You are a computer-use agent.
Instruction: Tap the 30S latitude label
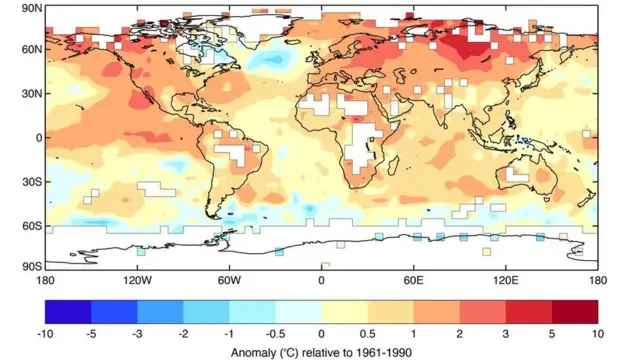tap(30, 181)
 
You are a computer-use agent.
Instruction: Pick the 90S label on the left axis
tap(30, 266)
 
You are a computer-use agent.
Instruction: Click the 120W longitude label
tap(136, 280)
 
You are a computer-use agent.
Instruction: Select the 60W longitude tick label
tap(229, 280)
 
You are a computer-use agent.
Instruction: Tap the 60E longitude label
tap(413, 280)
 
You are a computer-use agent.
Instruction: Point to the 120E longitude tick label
tap(505, 280)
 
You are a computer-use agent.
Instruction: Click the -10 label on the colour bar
tap(45, 332)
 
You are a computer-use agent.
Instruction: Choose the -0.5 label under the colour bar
tap(275, 332)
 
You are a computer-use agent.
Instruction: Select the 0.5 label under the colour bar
tap(367, 332)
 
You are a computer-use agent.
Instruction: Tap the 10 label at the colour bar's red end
tap(597, 332)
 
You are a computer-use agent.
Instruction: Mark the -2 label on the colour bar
tap(183, 332)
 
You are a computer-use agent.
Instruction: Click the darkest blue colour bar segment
tap(68, 311)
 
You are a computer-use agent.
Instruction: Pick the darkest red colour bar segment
tap(575, 311)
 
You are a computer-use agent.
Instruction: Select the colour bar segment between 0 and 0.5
tap(344, 311)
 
